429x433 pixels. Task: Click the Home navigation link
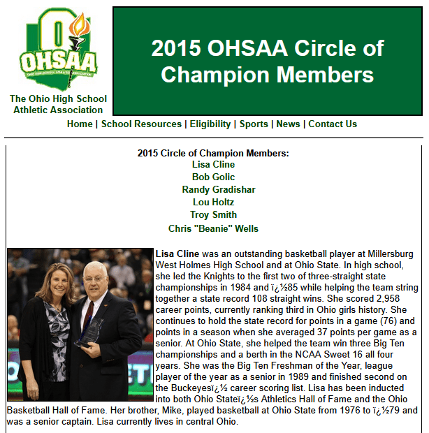[80, 124]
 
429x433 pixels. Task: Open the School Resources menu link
[141, 124]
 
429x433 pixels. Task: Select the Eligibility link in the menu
[210, 124]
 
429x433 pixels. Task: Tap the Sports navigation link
[254, 124]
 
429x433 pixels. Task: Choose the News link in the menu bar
[288, 124]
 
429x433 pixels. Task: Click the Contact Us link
[333, 124]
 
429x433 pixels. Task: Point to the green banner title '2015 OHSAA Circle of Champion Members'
[268, 61]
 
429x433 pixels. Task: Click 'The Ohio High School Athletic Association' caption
[57, 104]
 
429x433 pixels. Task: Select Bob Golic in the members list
[213, 177]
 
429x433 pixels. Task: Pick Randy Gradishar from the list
[219, 190]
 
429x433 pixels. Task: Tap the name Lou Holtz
[213, 203]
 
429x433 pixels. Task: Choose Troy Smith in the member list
[213, 215]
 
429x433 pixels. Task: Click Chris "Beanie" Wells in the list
[213, 228]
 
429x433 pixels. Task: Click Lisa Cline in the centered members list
[213, 165]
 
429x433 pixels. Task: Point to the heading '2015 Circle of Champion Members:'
[213, 153]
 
